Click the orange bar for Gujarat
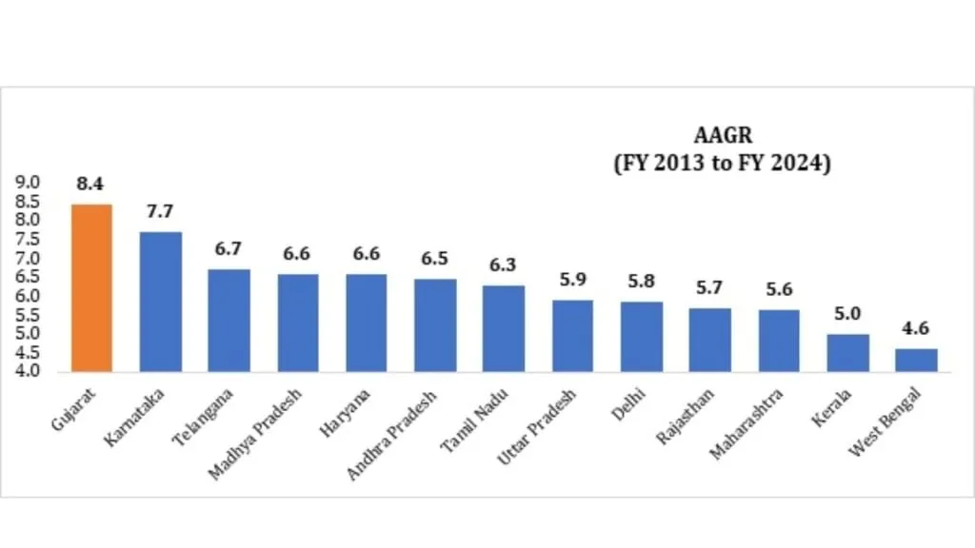pos(91,287)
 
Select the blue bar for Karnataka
pos(160,301)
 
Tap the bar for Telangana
pos(229,320)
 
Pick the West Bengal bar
pos(916,360)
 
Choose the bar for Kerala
pos(847,352)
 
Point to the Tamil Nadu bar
pos(504,327)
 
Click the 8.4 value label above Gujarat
pos(90,185)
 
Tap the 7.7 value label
pos(160,211)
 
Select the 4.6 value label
pos(916,329)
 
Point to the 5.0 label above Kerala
pos(847,314)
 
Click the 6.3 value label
pos(504,265)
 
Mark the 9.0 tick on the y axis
pos(28,182)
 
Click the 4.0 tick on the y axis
pos(28,371)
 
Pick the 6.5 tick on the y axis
pos(28,277)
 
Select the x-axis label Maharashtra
pos(748,421)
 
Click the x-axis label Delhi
pos(628,401)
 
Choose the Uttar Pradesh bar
pos(572,335)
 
